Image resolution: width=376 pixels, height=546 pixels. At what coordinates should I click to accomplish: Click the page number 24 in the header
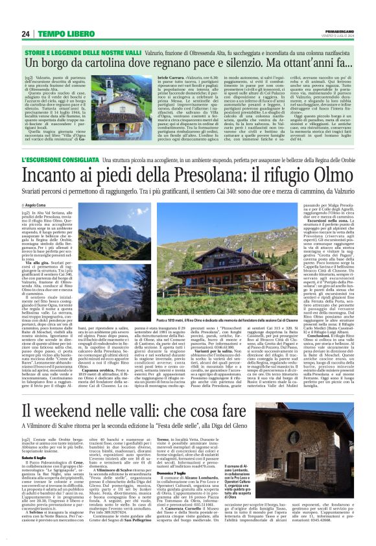coord(26,34)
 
